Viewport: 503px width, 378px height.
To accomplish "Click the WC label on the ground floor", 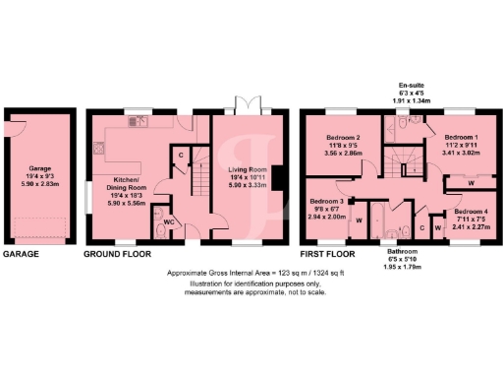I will pos(167,221).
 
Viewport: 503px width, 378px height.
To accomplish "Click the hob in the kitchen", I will pos(98,149).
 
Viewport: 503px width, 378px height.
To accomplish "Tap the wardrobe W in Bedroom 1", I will pos(472,183).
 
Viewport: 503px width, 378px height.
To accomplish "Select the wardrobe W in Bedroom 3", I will pos(359,220).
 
